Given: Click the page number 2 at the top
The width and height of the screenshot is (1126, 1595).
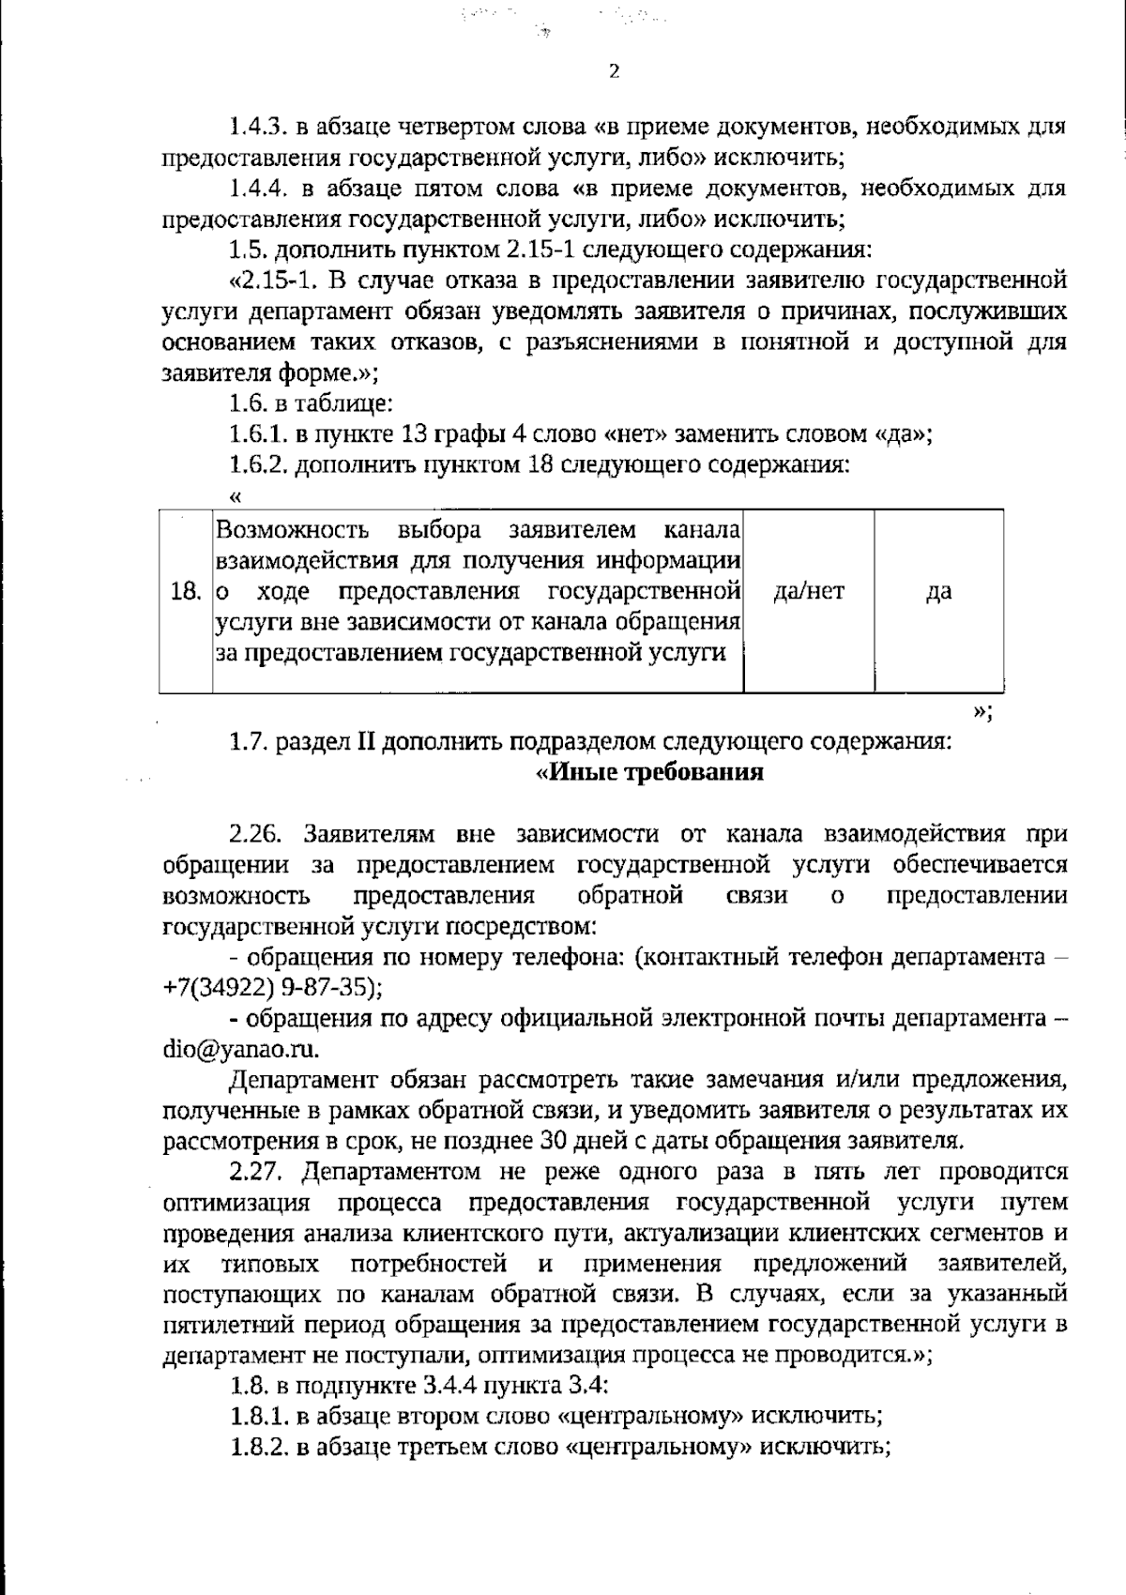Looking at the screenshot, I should [614, 72].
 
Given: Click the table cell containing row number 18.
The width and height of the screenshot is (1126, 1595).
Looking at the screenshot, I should [187, 592].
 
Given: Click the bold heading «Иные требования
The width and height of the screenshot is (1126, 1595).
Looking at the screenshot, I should [648, 772].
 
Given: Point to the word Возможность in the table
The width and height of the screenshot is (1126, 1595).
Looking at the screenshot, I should [292, 530].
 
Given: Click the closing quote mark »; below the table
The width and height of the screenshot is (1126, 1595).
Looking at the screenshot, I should [982, 712].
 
